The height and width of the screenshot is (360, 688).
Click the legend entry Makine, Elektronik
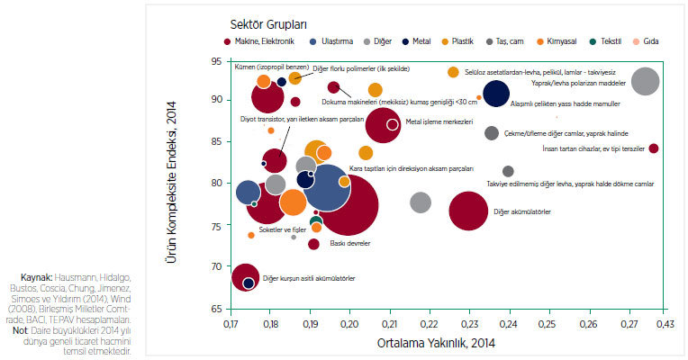coord(260,40)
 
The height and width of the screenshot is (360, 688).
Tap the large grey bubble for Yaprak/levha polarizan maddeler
coord(645,81)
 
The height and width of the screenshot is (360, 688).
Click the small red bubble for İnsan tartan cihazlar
coord(654,148)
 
